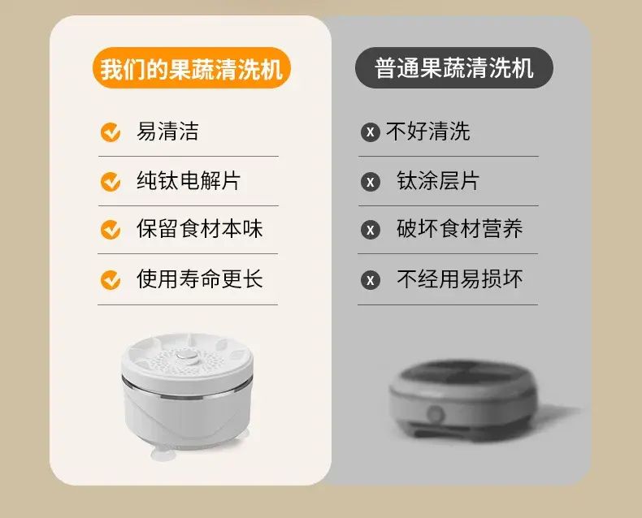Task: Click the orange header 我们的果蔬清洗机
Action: tap(192, 68)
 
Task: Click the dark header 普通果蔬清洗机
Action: tap(454, 68)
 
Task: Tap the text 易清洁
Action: tap(167, 132)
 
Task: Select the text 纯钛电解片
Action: tap(189, 180)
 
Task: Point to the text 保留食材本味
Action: tap(199, 229)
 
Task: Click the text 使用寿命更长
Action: tap(199, 279)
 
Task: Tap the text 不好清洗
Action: tap(427, 132)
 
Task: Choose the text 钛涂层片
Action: tap(438, 180)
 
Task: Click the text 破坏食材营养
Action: tap(460, 229)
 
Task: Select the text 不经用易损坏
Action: tap(460, 279)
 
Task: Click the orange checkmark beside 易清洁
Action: tap(111, 132)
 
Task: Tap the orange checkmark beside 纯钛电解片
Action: tap(111, 181)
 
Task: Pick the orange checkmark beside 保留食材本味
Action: tap(111, 230)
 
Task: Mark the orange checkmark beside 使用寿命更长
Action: tap(111, 280)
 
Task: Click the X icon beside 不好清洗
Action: tap(371, 132)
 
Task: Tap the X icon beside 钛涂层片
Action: tap(371, 182)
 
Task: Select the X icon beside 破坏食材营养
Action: tap(371, 230)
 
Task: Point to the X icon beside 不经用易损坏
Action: tap(371, 280)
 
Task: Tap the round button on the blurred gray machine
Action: tap(436, 414)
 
